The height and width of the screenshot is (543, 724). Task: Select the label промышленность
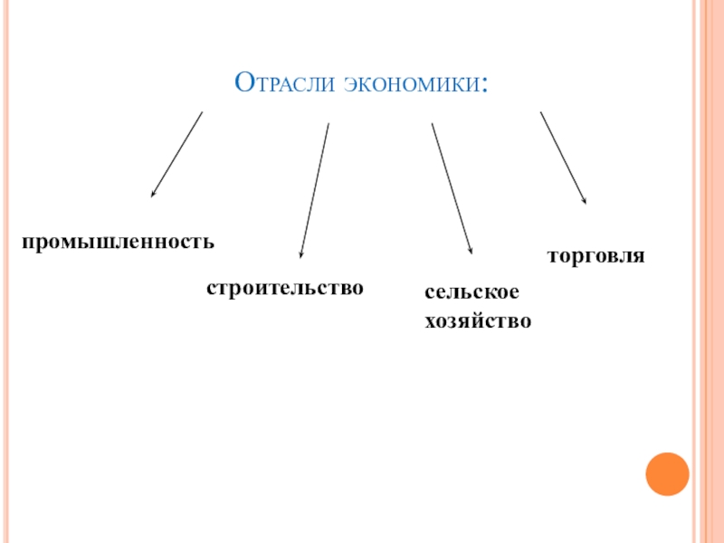click(119, 243)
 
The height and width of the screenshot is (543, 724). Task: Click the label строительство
click(285, 288)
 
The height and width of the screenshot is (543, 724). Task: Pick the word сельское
click(472, 293)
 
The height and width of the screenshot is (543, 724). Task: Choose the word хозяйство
click(478, 320)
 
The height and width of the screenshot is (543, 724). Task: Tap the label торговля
click(595, 256)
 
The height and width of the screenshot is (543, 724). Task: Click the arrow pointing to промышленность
click(177, 154)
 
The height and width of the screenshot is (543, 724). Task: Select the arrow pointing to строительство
click(314, 191)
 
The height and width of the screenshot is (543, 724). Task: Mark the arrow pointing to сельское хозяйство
click(452, 188)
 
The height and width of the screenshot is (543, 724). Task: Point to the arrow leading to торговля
click(563, 157)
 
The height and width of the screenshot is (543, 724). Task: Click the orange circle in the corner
click(668, 472)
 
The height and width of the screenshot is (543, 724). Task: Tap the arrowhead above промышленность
click(154, 193)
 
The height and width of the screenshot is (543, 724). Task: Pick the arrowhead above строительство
click(301, 254)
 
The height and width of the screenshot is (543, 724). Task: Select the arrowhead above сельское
click(471, 250)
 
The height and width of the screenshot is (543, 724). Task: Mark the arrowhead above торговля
click(585, 200)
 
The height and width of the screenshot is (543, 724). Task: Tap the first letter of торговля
click(551, 257)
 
